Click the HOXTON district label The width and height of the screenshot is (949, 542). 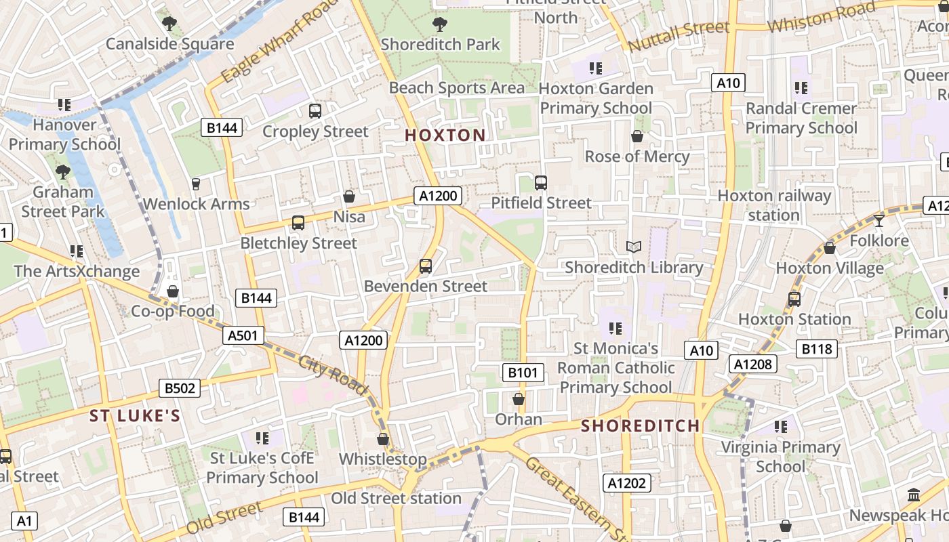pos(445,135)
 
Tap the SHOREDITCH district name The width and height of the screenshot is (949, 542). pos(641,425)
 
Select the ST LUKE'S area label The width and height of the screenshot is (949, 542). pos(135,415)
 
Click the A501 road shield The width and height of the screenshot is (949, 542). pos(243,335)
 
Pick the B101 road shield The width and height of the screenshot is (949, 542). pos(523,372)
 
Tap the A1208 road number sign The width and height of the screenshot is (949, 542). pos(752,364)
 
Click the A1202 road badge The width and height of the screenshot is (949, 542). pos(627,483)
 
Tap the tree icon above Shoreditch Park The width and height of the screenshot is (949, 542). pos(439,25)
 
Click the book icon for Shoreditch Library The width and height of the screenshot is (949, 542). pos(634,247)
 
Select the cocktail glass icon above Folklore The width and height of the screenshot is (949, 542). pos(879,220)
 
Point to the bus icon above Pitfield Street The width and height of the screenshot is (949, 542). pos(540,183)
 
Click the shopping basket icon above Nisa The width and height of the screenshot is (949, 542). pos(349,197)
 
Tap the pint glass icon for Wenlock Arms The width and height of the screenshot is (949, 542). pos(196,184)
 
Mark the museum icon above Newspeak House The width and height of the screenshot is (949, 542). pos(913,495)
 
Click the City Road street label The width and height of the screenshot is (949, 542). pos(333,375)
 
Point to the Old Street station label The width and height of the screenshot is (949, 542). pos(396,499)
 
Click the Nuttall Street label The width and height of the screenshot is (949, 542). pos(679,36)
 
